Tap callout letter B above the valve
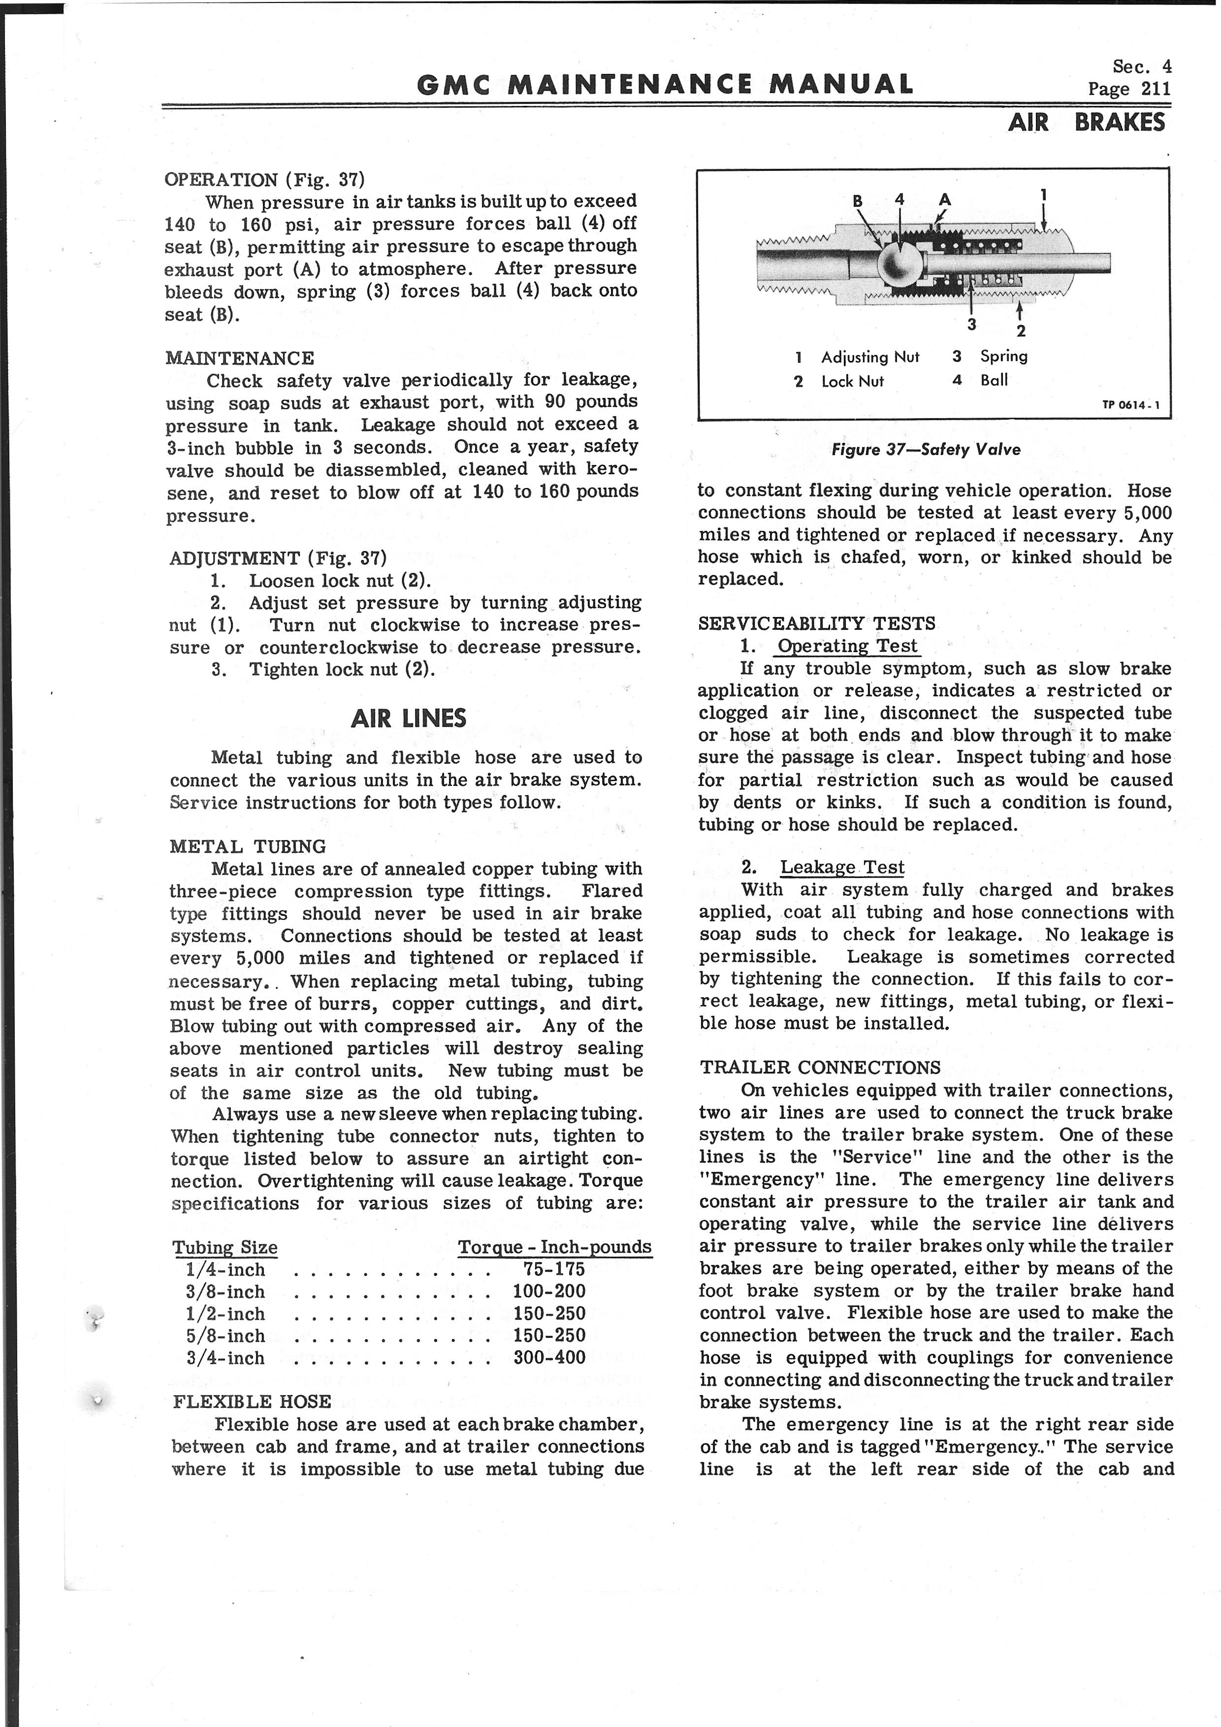pyautogui.click(x=858, y=201)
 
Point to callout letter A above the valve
pyautogui.click(x=945, y=199)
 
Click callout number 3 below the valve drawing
pyautogui.click(x=971, y=324)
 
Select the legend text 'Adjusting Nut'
pyautogui.click(x=870, y=358)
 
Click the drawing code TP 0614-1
pyautogui.click(x=1131, y=405)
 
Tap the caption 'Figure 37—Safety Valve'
pyautogui.click(x=926, y=450)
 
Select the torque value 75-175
pyautogui.click(x=554, y=1270)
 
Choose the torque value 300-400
pyautogui.click(x=549, y=1358)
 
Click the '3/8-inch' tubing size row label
pyautogui.click(x=225, y=1292)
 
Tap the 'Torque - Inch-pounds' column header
pyautogui.click(x=555, y=1247)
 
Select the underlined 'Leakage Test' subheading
pyautogui.click(x=842, y=867)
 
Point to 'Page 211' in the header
pyautogui.click(x=1129, y=89)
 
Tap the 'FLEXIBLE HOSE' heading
pyautogui.click(x=252, y=1401)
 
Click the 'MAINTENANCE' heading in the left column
pyautogui.click(x=240, y=358)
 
